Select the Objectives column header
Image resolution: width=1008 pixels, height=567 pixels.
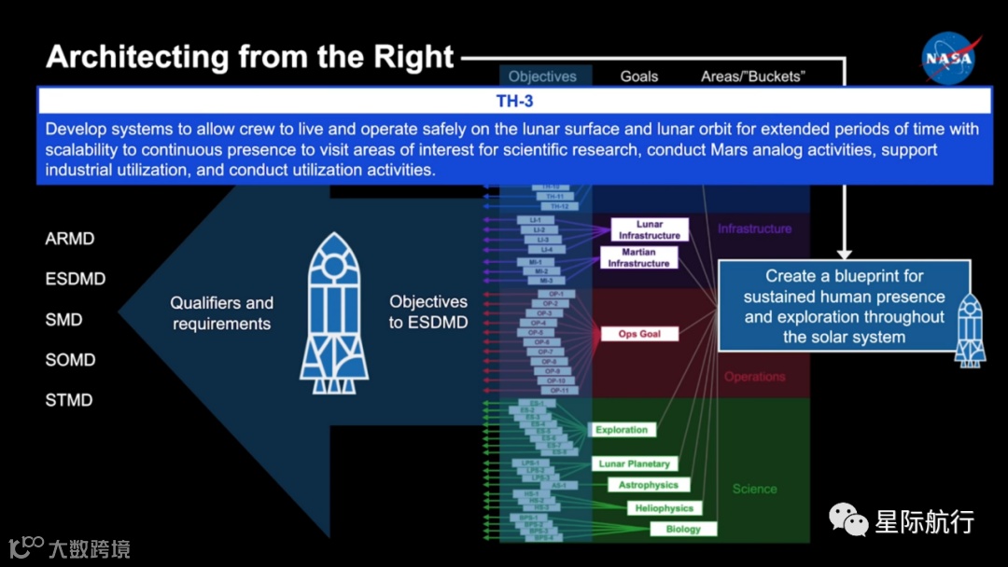point(542,76)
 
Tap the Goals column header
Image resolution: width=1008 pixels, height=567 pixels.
point(639,76)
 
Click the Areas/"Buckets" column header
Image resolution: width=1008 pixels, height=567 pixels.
point(752,76)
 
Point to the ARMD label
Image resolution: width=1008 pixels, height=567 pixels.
point(70,239)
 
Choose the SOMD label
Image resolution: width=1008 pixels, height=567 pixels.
point(71,360)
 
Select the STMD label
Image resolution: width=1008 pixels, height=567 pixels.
point(70,400)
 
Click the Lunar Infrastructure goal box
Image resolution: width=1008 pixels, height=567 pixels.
point(650,230)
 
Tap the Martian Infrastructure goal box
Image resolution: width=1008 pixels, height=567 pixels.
point(638,257)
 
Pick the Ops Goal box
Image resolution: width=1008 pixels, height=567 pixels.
point(639,334)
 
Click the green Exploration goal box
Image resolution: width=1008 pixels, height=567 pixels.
point(622,430)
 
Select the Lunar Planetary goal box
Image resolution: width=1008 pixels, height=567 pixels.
point(635,463)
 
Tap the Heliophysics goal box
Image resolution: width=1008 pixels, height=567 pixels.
point(665,508)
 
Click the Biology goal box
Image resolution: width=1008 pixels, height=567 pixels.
point(683,529)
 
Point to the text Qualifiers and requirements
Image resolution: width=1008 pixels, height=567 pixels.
point(221,313)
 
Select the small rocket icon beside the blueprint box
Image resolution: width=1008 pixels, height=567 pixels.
point(971,328)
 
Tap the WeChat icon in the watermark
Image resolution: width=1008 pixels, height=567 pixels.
point(848,519)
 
